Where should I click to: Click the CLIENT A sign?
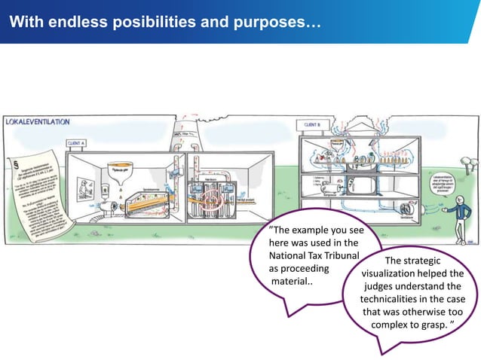[x=76, y=142]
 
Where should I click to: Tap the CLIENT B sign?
[x=313, y=124]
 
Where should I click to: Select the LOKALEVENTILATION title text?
[x=38, y=121]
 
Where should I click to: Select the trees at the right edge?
[x=470, y=163]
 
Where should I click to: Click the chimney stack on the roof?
[x=180, y=137]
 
